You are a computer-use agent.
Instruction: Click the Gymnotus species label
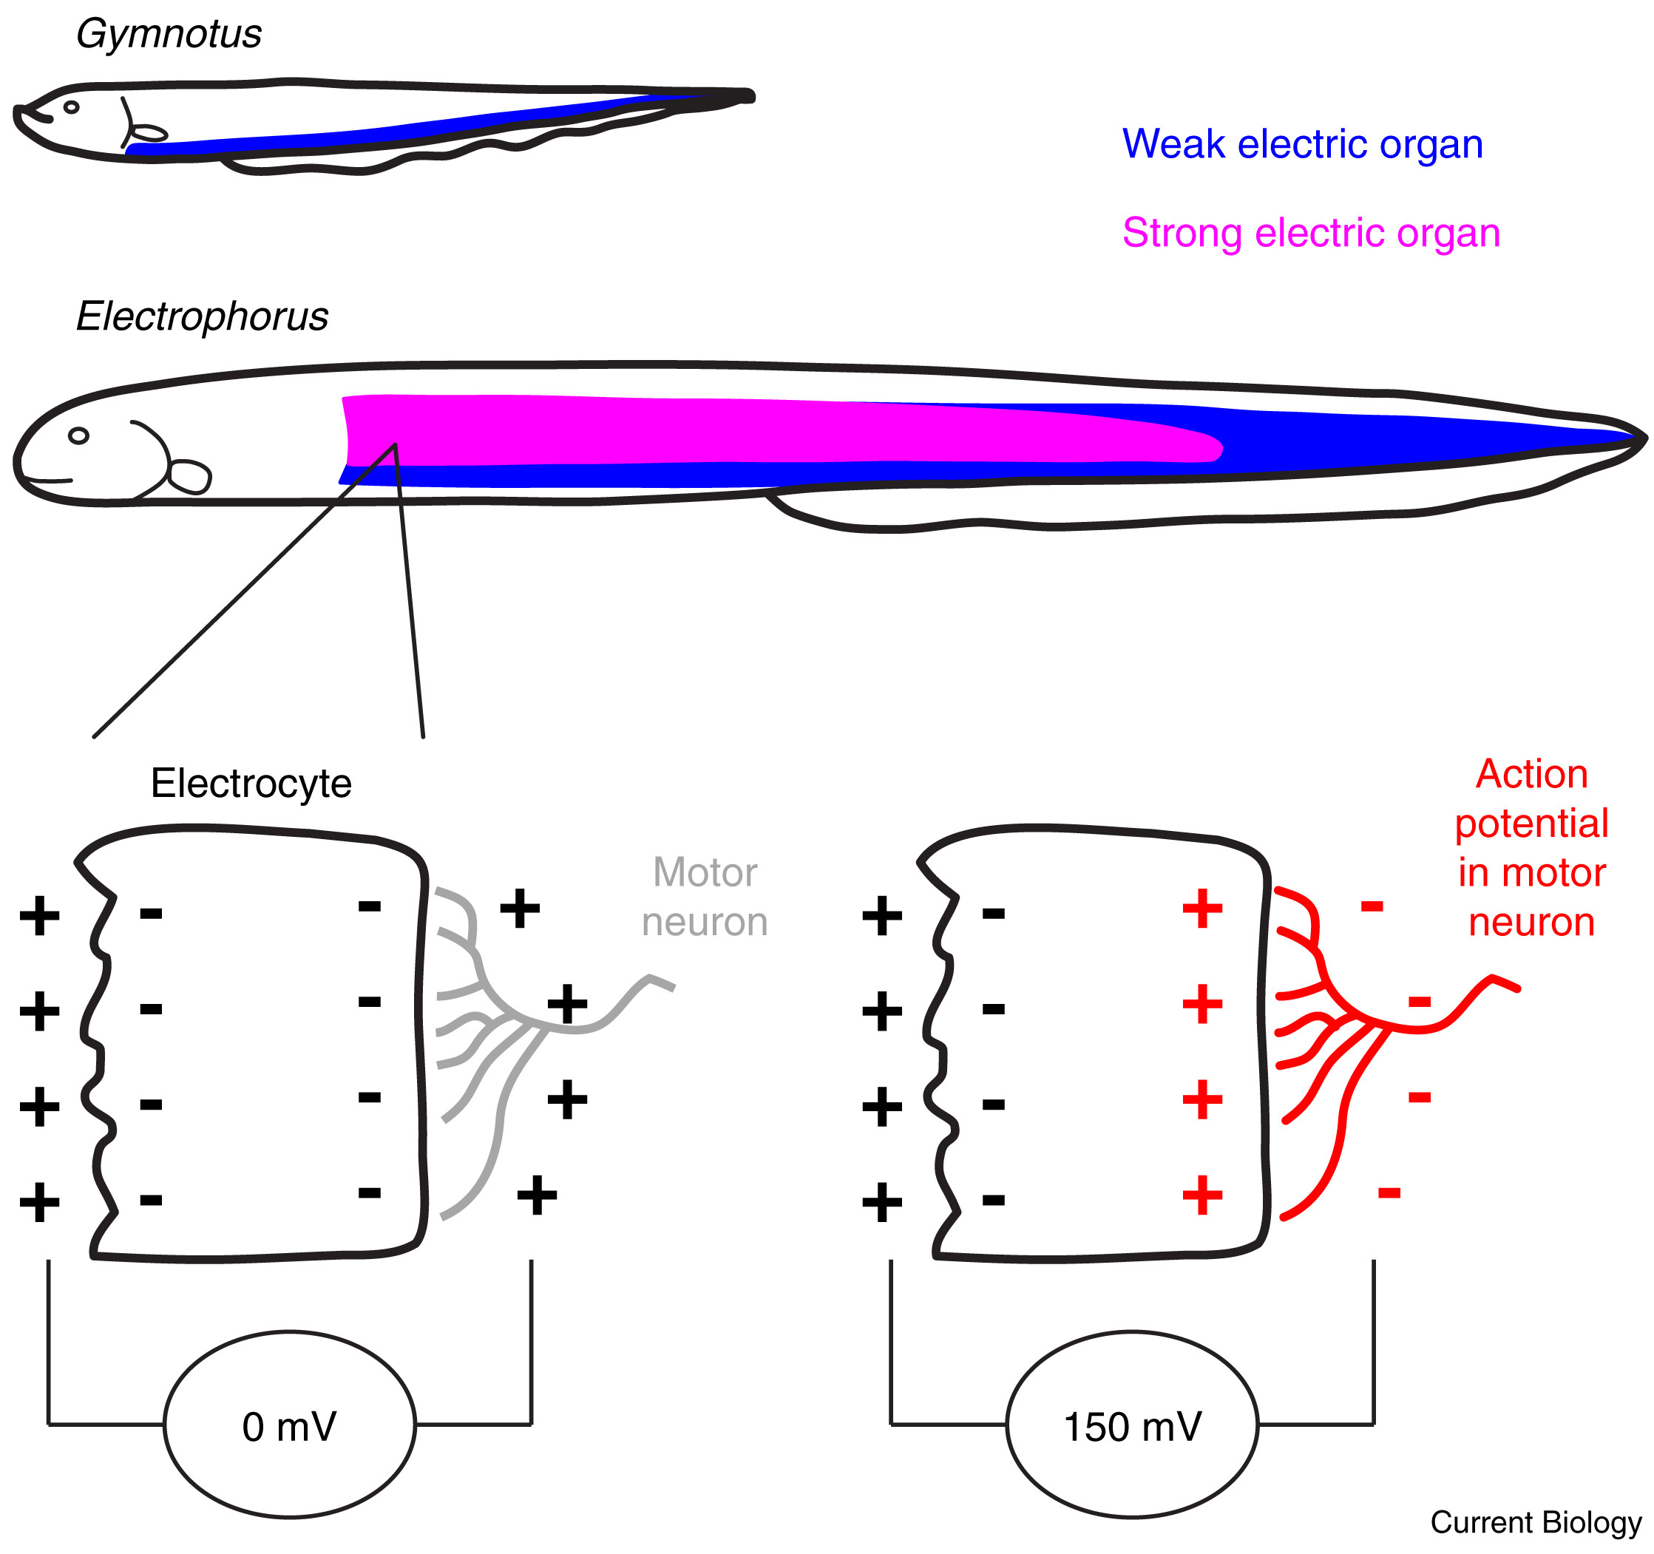click(x=169, y=35)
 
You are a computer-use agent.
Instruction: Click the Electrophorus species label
click(x=202, y=317)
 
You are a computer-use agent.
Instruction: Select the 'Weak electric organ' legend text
click(x=1302, y=145)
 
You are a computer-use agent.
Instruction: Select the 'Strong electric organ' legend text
click(x=1311, y=233)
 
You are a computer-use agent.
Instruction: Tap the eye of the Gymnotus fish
click(x=72, y=107)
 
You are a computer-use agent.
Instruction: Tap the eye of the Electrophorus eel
click(x=79, y=436)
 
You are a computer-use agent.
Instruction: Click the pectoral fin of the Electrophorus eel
click(x=191, y=477)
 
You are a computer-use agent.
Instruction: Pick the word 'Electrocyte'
click(x=251, y=784)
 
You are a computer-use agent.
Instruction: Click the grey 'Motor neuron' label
click(x=705, y=898)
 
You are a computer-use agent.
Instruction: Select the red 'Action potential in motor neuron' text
click(x=1532, y=849)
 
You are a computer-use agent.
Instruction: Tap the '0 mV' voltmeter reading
click(x=290, y=1428)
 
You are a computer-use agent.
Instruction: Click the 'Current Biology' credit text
click(x=1536, y=1522)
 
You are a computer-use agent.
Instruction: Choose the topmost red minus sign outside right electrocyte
click(x=1372, y=906)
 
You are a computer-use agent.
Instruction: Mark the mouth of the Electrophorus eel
click(x=47, y=480)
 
